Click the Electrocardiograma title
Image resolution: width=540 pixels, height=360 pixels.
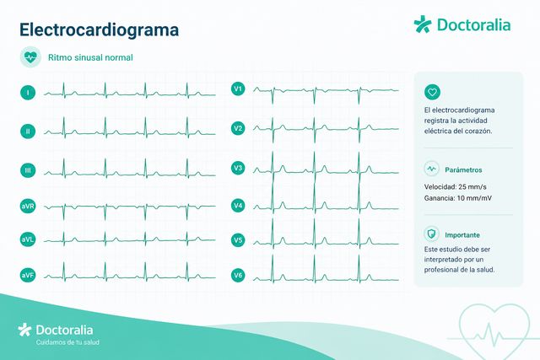tap(100, 30)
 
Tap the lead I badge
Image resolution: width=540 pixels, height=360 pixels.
tap(28, 93)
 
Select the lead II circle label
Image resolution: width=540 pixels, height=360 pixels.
tap(28, 132)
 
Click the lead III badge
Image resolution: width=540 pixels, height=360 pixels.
tap(28, 170)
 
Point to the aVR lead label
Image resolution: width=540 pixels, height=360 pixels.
tap(28, 207)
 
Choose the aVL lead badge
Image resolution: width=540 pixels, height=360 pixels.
tap(28, 239)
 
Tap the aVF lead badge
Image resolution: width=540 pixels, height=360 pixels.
tap(28, 275)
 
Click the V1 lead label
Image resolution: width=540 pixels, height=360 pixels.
tap(238, 89)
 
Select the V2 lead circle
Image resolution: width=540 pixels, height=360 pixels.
tap(238, 128)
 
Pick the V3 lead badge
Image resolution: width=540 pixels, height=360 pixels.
tap(238, 168)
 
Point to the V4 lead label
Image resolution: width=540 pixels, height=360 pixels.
tap(238, 206)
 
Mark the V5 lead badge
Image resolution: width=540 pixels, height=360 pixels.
tap(238, 240)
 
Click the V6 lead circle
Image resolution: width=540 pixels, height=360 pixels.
tap(238, 275)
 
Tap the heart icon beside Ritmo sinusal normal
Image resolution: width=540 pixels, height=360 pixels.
tap(30, 57)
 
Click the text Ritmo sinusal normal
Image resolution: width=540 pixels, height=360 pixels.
tap(90, 57)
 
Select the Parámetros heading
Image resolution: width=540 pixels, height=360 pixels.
tap(463, 169)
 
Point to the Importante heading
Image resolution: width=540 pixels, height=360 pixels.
tap(462, 235)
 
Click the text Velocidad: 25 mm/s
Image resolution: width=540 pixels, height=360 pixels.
tap(456, 187)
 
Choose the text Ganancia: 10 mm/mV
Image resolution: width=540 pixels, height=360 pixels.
tap(458, 198)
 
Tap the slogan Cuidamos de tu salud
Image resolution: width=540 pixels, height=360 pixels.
tap(67, 342)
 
